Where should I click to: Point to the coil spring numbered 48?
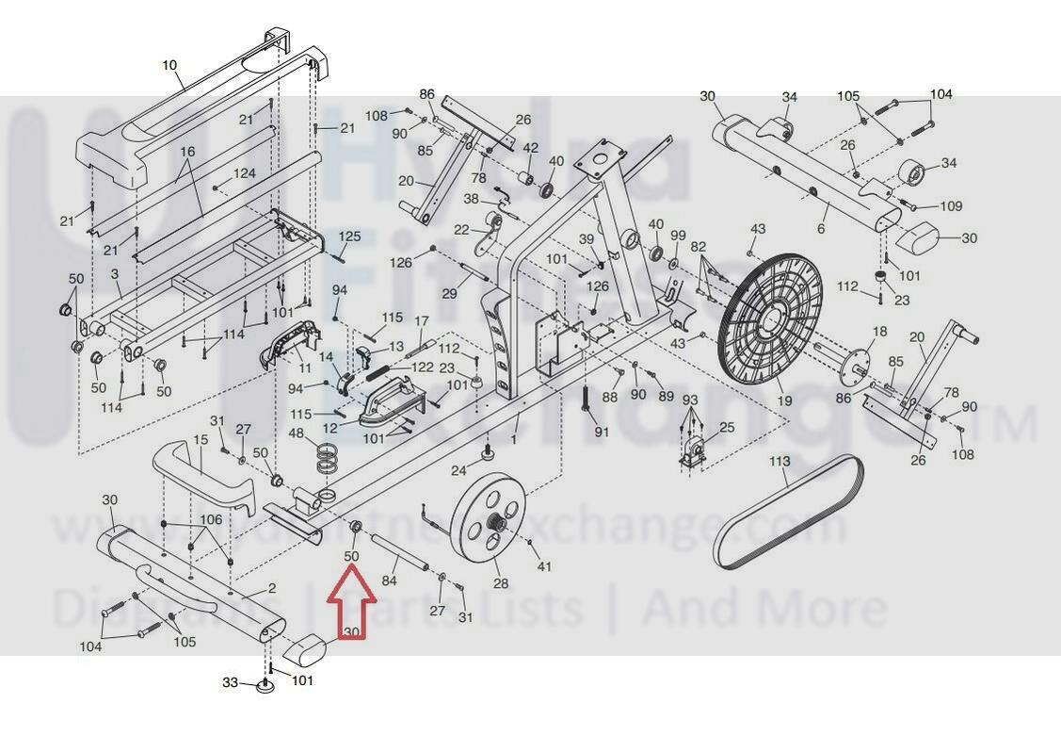(327, 459)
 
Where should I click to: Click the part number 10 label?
(169, 65)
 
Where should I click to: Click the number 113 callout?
(780, 462)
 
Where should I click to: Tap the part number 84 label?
(389, 581)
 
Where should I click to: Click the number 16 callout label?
(186, 153)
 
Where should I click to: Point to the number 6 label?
(821, 229)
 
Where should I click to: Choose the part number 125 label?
(349, 236)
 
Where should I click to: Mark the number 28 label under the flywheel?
(501, 584)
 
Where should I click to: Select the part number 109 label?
(951, 206)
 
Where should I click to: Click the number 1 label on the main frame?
(514, 439)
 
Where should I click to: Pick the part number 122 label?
(423, 367)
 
